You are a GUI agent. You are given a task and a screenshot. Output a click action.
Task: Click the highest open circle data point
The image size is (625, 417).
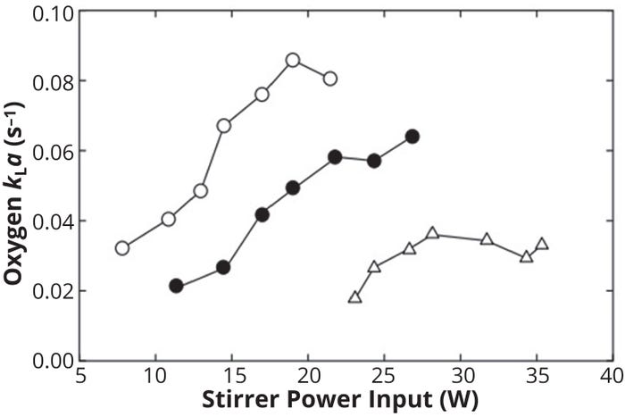[293, 61]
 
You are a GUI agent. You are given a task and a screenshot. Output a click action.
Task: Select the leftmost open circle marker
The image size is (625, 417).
[122, 248]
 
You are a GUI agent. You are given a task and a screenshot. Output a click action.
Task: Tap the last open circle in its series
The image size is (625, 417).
[330, 79]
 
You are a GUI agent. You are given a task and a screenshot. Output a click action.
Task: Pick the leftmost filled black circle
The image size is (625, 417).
[176, 286]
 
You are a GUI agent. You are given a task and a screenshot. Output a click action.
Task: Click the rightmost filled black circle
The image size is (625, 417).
[412, 137]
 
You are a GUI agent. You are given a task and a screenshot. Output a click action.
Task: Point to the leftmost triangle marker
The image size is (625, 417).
[355, 297]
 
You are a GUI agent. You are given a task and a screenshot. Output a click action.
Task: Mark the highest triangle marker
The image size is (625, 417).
[432, 233]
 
